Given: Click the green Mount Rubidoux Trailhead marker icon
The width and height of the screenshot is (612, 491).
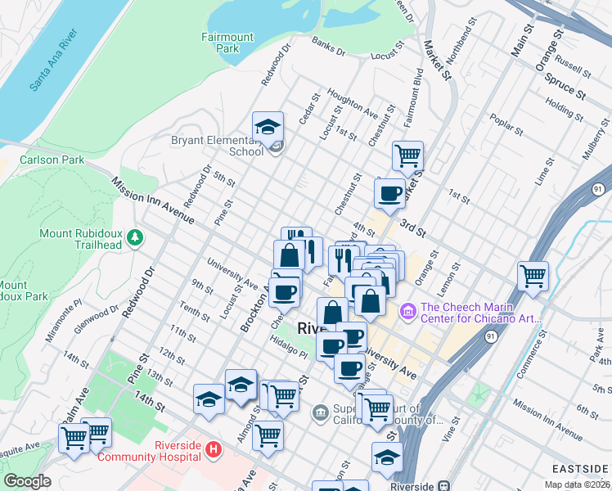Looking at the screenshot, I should [135, 238].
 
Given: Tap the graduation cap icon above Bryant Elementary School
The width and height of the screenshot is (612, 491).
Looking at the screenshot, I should [268, 127].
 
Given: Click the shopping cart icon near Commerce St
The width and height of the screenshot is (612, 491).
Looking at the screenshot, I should [533, 276].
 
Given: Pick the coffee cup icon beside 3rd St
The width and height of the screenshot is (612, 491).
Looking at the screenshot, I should [389, 194].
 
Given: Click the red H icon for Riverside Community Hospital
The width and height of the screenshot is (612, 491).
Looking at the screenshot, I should [213, 449].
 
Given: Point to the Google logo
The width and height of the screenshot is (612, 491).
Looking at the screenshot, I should [27, 481].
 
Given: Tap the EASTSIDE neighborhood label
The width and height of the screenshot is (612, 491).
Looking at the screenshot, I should [581, 468].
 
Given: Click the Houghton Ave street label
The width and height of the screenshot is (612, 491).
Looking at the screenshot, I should [352, 102].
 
